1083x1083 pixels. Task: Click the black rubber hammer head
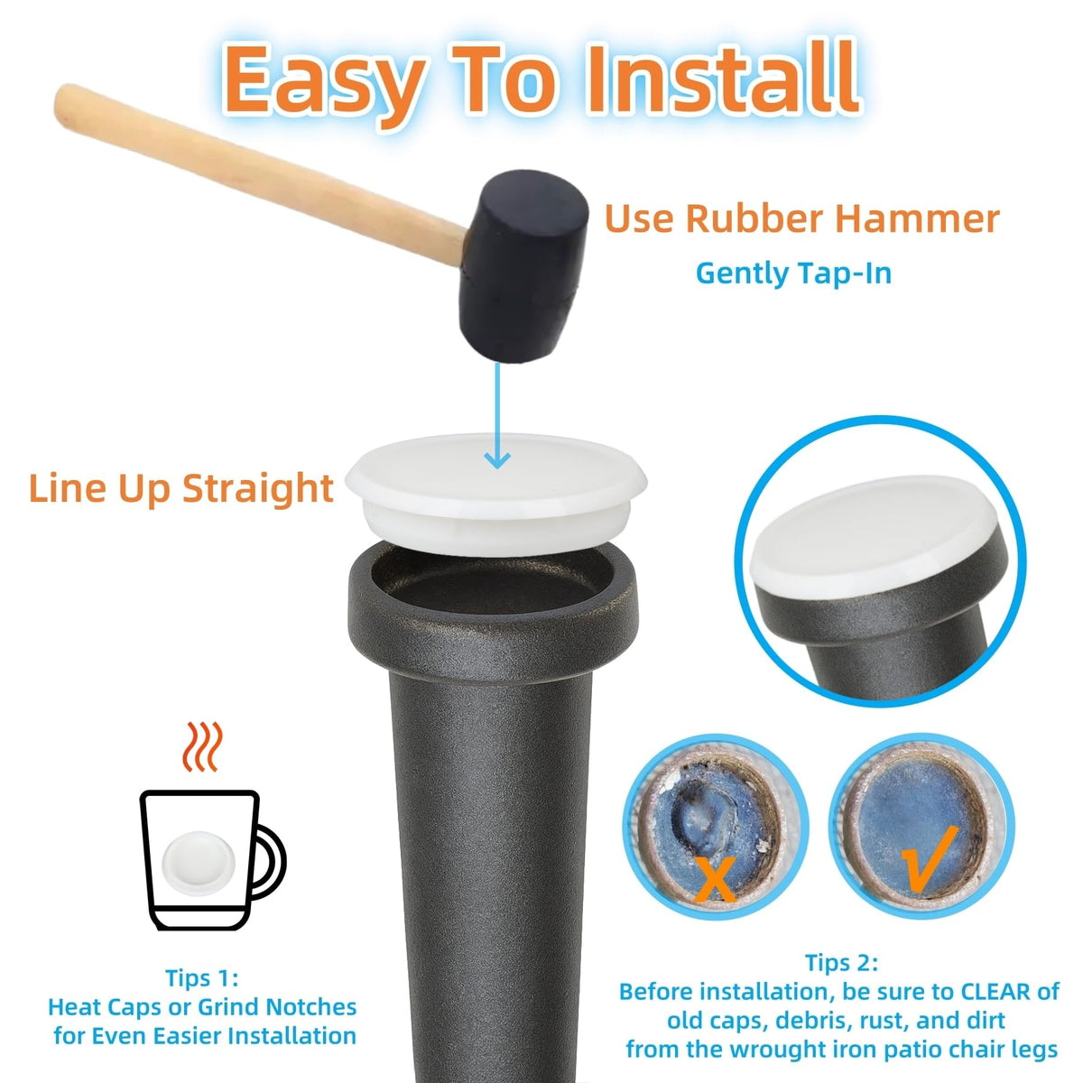(x=523, y=265)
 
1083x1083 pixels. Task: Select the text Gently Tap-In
(x=793, y=273)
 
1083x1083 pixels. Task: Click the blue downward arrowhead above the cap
(x=497, y=459)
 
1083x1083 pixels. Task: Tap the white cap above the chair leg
(x=495, y=494)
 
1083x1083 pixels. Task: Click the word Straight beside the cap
(x=258, y=488)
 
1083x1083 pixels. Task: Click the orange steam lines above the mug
(x=202, y=747)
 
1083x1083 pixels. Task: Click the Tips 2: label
(x=841, y=963)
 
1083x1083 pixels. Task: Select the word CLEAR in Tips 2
(x=995, y=992)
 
